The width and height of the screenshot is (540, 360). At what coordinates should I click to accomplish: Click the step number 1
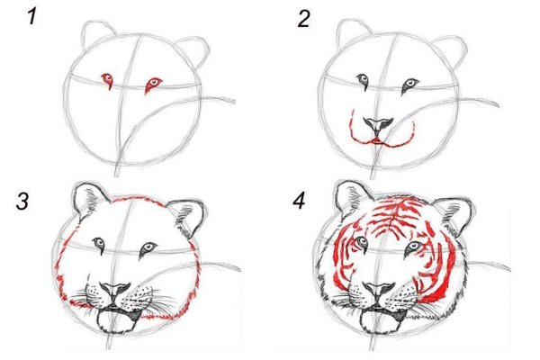pyautogui.click(x=32, y=16)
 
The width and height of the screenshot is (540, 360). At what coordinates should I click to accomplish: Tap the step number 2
pyautogui.click(x=303, y=18)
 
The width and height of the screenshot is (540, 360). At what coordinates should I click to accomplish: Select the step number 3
pyautogui.click(x=22, y=201)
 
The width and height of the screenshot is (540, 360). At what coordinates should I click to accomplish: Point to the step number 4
pyautogui.click(x=299, y=201)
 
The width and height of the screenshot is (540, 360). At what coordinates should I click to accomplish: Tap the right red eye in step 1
pyautogui.click(x=153, y=85)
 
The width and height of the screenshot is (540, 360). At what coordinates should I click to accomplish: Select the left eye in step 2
pyautogui.click(x=363, y=81)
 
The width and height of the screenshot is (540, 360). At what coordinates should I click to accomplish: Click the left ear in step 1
pyautogui.click(x=97, y=34)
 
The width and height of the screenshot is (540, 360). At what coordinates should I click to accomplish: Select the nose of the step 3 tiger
pyautogui.click(x=115, y=291)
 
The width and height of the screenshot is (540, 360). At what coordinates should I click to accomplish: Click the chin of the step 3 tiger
pyautogui.click(x=117, y=321)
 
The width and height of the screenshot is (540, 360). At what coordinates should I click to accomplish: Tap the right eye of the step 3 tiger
pyautogui.click(x=148, y=249)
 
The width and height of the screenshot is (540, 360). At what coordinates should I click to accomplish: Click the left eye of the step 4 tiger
pyautogui.click(x=363, y=243)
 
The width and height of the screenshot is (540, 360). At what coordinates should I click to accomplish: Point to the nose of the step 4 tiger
pyautogui.click(x=379, y=291)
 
